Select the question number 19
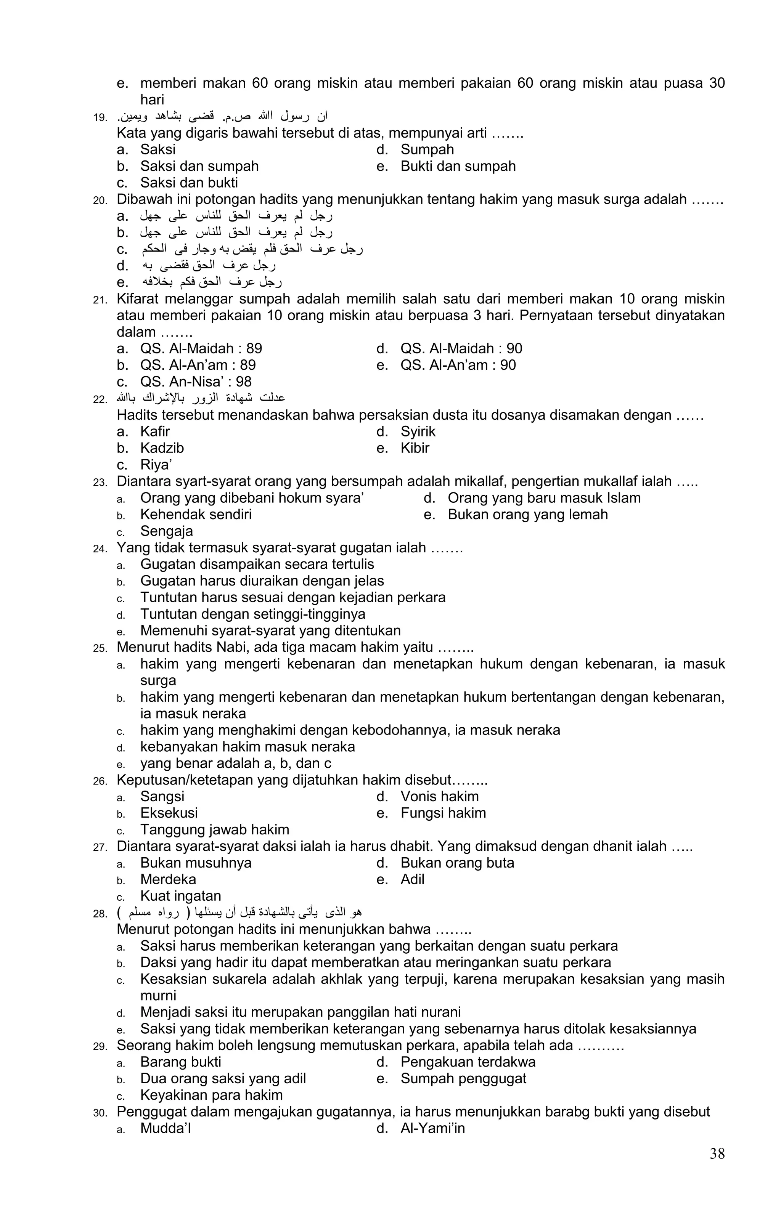point(100,118)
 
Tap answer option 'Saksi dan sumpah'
point(199,166)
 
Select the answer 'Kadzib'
point(162,448)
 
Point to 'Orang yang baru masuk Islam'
point(544,498)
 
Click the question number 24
point(100,549)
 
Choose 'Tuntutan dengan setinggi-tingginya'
point(253,614)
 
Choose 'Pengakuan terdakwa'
point(468,1062)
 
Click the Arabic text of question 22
point(201,398)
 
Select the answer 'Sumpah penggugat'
point(463,1078)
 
